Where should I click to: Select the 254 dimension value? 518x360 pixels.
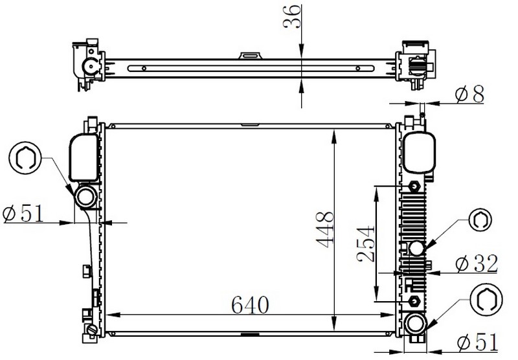point(366,243)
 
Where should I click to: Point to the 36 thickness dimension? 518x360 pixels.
point(293,17)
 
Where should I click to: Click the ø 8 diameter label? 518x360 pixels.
point(469,94)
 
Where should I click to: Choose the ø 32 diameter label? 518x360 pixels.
point(477,264)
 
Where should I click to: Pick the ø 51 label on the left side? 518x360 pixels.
point(23,214)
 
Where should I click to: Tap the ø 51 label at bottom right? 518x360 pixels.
point(478,342)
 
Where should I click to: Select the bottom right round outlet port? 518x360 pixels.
point(415,324)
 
